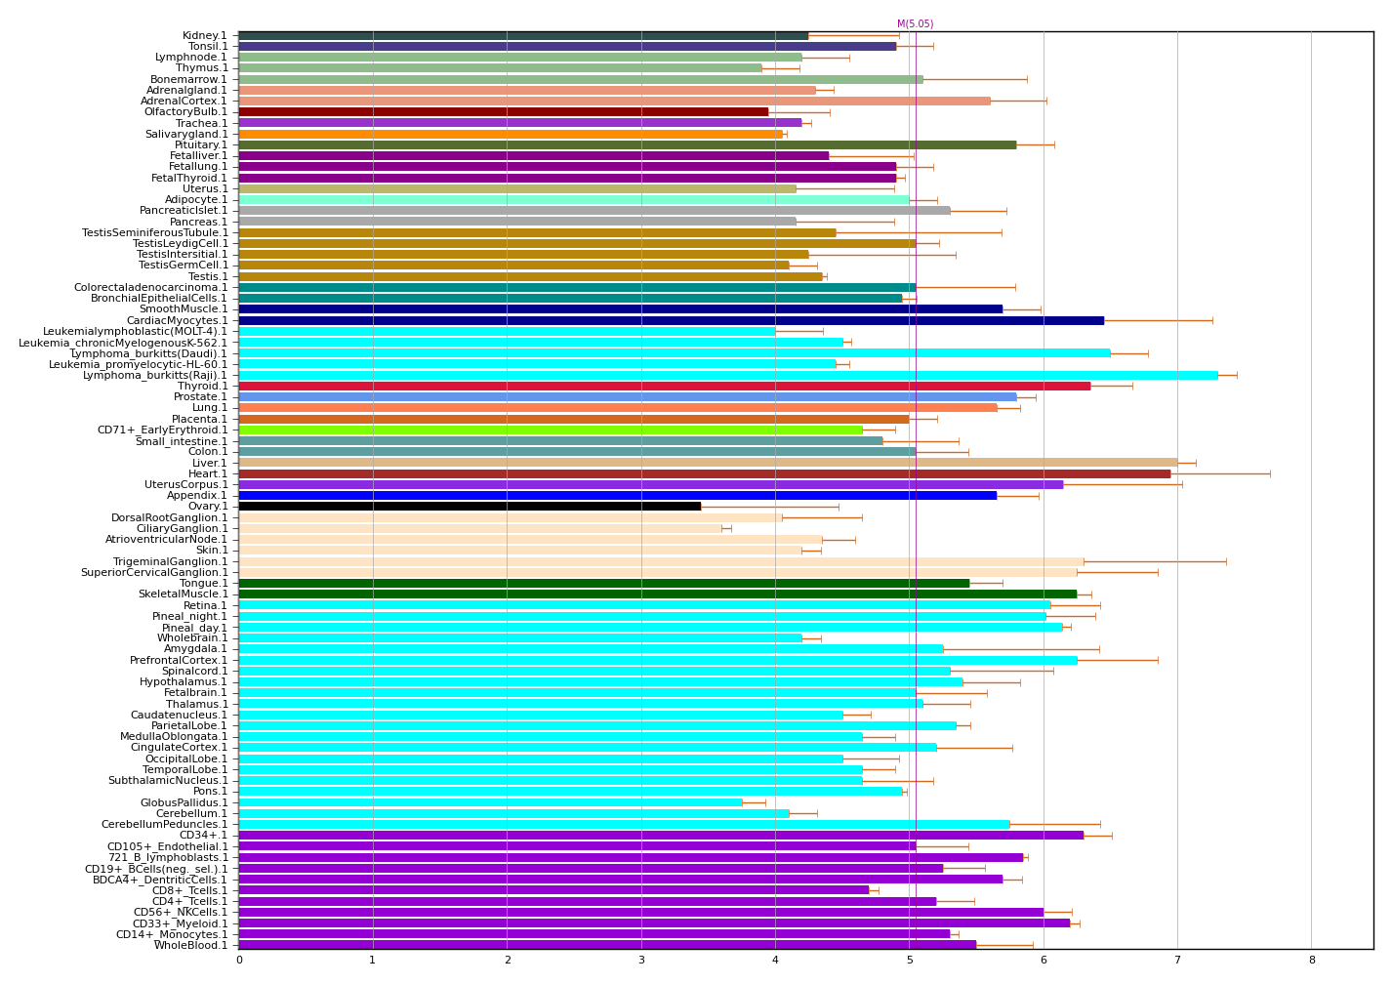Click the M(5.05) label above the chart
coord(915,24)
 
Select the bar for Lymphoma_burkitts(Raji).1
coord(727,375)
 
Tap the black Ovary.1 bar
coord(469,506)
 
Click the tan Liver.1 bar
coord(708,463)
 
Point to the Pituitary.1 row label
coord(201,144)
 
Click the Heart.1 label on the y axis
coord(208,473)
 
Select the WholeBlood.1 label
coord(190,945)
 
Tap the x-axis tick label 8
coord(1311,961)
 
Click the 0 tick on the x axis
coord(239,961)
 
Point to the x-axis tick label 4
coord(775,961)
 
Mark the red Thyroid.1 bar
coord(664,386)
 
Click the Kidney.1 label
coord(205,36)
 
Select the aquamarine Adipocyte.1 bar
coord(574,199)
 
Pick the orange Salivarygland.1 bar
coord(510,134)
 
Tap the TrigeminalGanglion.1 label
coord(171,561)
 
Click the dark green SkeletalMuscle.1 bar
coord(657,594)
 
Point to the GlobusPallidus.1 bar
coord(490,802)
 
